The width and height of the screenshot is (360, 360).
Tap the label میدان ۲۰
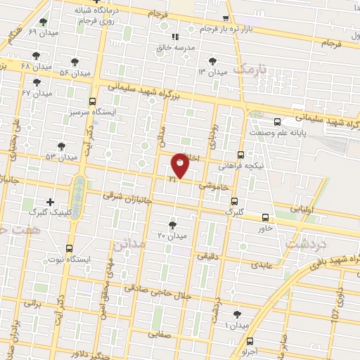(173, 236)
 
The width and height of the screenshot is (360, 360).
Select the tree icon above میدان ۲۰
(173, 225)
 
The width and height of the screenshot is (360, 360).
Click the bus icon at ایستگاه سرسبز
(94, 102)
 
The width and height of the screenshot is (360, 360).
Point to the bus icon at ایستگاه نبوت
(69, 248)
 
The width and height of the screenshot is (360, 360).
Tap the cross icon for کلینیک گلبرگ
(49, 202)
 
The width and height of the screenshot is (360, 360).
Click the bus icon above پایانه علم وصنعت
(278, 121)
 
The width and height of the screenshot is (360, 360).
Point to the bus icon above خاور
(265, 217)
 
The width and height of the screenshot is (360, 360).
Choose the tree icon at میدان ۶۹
(44, 22)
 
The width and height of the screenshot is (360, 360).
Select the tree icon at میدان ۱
(236, 315)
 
